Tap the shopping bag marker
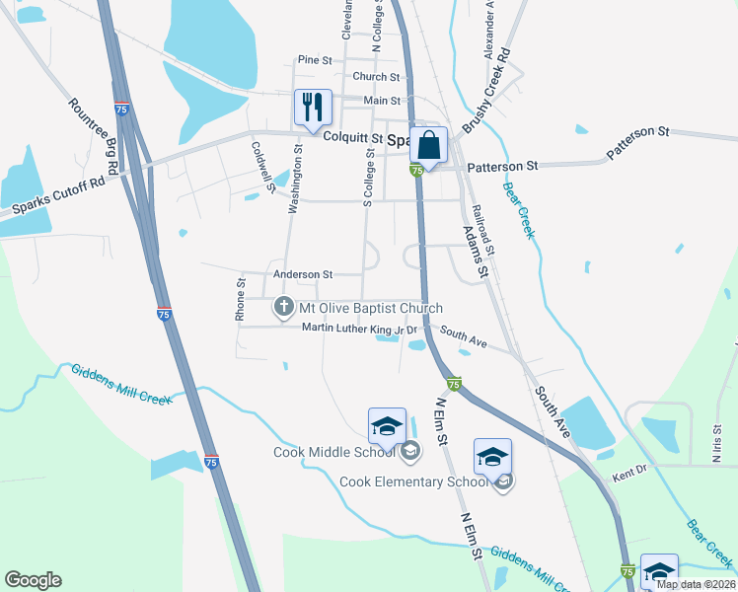pyautogui.click(x=429, y=145)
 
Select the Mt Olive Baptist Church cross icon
pyautogui.click(x=284, y=308)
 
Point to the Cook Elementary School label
pyautogui.click(x=413, y=481)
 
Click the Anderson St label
pyautogui.click(x=304, y=274)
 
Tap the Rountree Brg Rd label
pyautogui.click(x=94, y=136)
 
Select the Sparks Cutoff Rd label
pyautogui.click(x=59, y=197)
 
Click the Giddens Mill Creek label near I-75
pyautogui.click(x=121, y=384)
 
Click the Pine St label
pyautogui.click(x=316, y=60)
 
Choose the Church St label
pyautogui.click(x=376, y=77)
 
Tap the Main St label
pyautogui.click(x=382, y=101)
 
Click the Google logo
pyautogui.click(x=33, y=580)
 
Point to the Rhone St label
pyautogui.click(x=240, y=299)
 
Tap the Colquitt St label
pyautogui.click(x=355, y=139)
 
